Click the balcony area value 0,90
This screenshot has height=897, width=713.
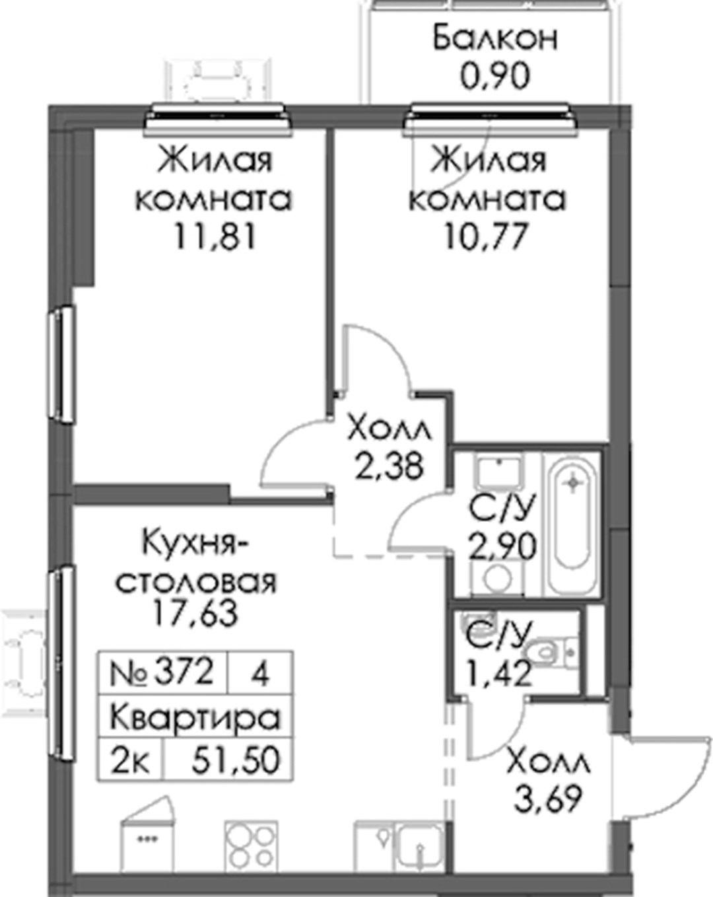(x=494, y=75)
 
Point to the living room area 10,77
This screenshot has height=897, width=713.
(x=487, y=236)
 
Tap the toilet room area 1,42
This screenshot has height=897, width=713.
(x=498, y=672)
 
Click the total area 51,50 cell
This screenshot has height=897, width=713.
(x=229, y=760)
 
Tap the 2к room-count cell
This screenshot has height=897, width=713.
(x=131, y=760)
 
